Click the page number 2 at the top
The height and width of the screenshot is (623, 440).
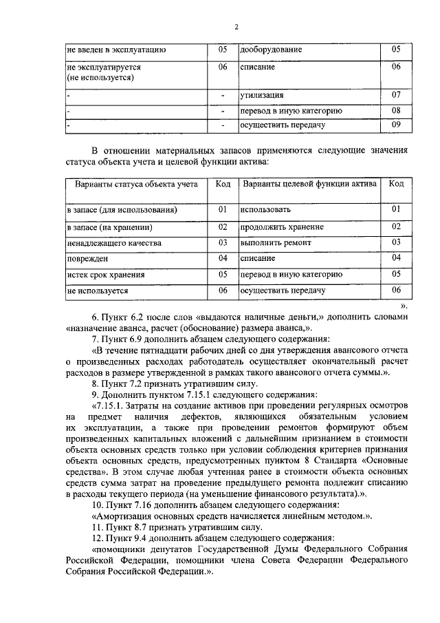point(236,27)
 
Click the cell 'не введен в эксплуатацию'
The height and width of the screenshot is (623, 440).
point(116,50)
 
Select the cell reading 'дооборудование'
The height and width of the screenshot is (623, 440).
point(271,50)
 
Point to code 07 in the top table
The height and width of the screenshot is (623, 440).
point(396,94)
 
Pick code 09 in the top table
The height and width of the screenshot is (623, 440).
point(396,125)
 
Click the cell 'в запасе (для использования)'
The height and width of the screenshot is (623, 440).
point(122,209)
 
